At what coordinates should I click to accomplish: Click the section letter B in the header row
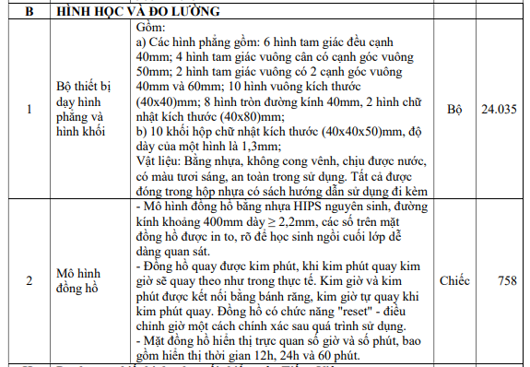coord(29,12)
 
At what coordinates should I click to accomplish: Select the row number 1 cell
coord(29,109)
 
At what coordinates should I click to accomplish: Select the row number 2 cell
coord(29,279)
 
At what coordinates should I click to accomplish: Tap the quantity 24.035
coord(499,109)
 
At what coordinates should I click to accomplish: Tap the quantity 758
coord(505,279)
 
